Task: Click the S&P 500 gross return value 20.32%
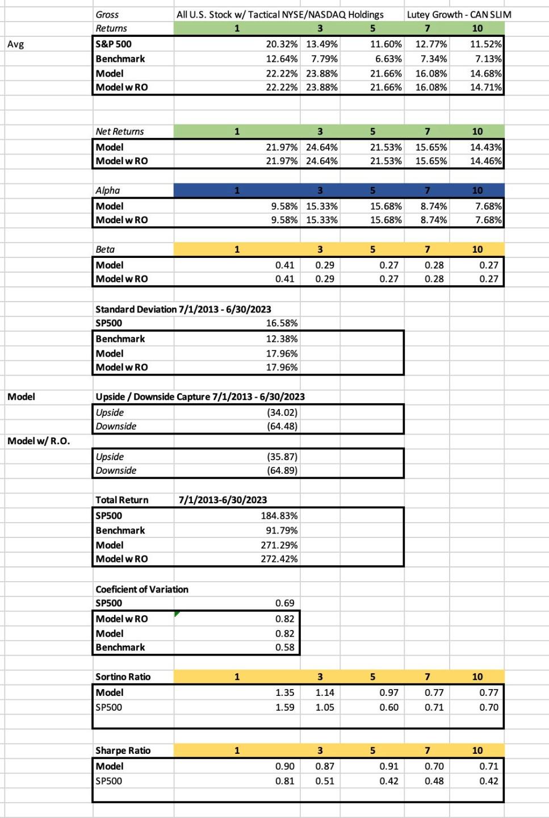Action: [x=282, y=44]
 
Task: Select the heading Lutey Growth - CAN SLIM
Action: [x=459, y=15]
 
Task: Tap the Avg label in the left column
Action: [x=16, y=44]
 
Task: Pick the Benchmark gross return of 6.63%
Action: [x=385, y=59]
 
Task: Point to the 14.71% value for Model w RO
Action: [x=485, y=87]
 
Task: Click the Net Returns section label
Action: [x=120, y=132]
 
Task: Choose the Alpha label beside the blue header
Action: [x=108, y=191]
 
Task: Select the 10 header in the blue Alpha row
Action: [x=477, y=191]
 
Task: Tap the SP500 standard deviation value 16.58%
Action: [x=282, y=323]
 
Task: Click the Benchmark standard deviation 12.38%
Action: [x=282, y=339]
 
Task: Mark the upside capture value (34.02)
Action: [x=282, y=413]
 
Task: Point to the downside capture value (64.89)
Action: [x=282, y=471]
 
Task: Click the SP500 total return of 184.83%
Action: [x=279, y=516]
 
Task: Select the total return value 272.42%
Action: [x=279, y=559]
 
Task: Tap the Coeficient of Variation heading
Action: [x=142, y=590]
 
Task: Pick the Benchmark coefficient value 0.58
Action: [x=285, y=648]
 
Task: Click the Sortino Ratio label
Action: [x=123, y=677]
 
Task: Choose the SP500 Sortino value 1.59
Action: [x=285, y=708]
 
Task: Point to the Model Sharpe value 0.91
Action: [x=389, y=766]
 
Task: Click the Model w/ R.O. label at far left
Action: [x=39, y=441]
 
